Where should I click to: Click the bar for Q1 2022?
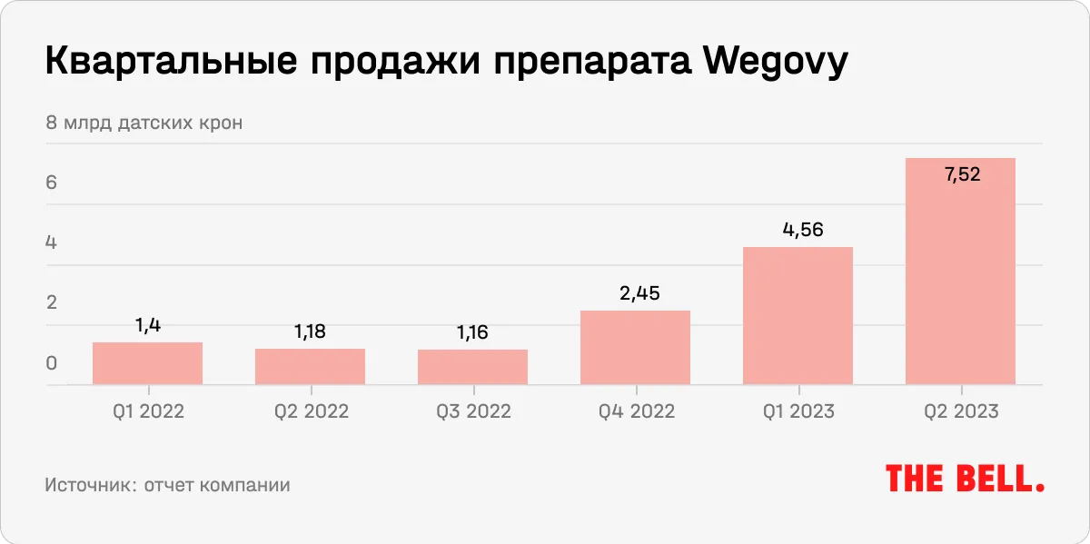pos(147,363)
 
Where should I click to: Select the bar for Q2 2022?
pos(310,367)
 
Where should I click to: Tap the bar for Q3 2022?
pos(472,367)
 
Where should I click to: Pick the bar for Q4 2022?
pos(635,348)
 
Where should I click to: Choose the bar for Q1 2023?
pos(798,316)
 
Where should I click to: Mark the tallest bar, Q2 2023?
pos(960,272)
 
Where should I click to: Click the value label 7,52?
pos(962,174)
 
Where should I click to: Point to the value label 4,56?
pos(799,230)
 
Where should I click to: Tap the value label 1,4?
pos(148,325)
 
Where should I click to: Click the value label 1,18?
pos(310,331)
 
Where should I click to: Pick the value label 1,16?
pos(472,332)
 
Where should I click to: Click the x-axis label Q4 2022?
pos(636,411)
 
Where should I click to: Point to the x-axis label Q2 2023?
pos(961,411)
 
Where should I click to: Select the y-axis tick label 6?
pos(52,183)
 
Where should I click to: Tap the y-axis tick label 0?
pos(52,363)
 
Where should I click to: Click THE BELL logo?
pos(965,479)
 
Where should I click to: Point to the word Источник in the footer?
pos(87,485)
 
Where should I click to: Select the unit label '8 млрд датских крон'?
pos(144,122)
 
